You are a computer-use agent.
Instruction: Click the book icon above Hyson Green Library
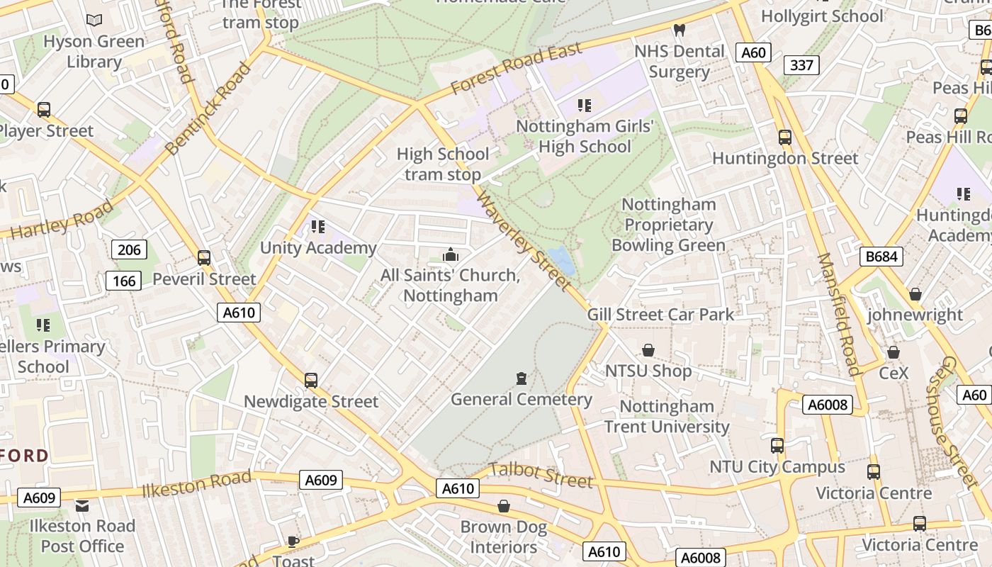pyautogui.click(x=94, y=21)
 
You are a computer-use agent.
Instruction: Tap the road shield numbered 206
pyautogui.click(x=129, y=249)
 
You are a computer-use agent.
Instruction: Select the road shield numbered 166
pyautogui.click(x=124, y=281)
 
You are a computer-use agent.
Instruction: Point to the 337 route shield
pyautogui.click(x=801, y=65)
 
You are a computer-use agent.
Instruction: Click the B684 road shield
pyautogui.click(x=881, y=256)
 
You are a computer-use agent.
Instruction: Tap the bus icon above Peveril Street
pyautogui.click(x=204, y=258)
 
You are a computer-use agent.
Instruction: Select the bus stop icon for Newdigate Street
pyautogui.click(x=310, y=381)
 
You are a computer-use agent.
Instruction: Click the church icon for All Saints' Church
pyautogui.click(x=450, y=254)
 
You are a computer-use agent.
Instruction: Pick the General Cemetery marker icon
pyautogui.click(x=522, y=378)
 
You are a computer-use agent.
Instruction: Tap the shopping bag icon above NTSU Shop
pyautogui.click(x=648, y=350)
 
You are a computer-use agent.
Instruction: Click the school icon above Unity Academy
pyautogui.click(x=318, y=227)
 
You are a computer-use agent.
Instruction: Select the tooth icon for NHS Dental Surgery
pyautogui.click(x=679, y=30)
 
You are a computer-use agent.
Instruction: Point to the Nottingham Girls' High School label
pyautogui.click(x=584, y=136)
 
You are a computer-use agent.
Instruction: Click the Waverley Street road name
pyautogui.click(x=524, y=240)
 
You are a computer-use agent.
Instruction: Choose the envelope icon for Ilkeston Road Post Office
pyautogui.click(x=82, y=505)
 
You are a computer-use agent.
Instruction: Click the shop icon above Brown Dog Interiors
pyautogui.click(x=504, y=506)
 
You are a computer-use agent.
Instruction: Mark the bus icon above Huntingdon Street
pyautogui.click(x=784, y=137)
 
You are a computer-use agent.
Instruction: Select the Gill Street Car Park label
pyautogui.click(x=660, y=315)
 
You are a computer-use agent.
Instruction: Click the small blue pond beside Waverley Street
pyautogui.click(x=562, y=260)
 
